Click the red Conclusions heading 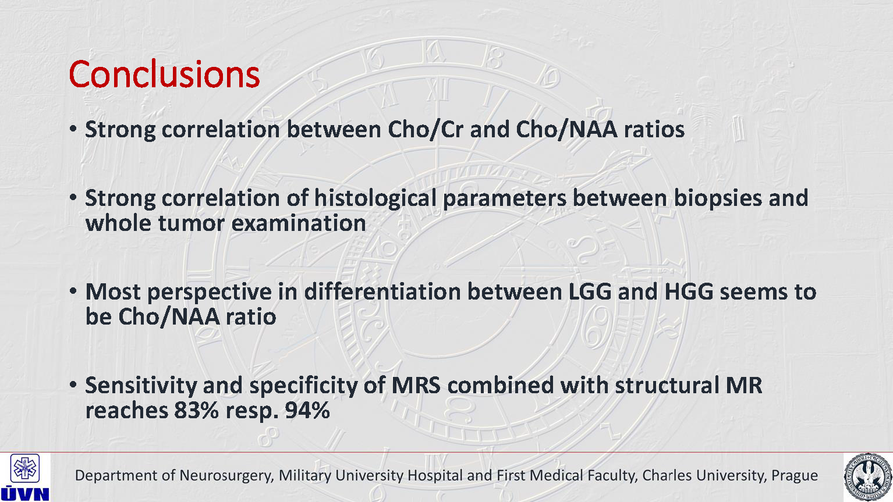click(164, 74)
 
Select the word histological click(375, 198)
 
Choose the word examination click(299, 223)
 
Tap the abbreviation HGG click(689, 291)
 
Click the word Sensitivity click(141, 386)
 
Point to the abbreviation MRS click(416, 386)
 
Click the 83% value click(197, 410)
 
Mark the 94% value click(307, 410)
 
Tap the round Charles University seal click(868, 478)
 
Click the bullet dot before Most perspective click(73, 291)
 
